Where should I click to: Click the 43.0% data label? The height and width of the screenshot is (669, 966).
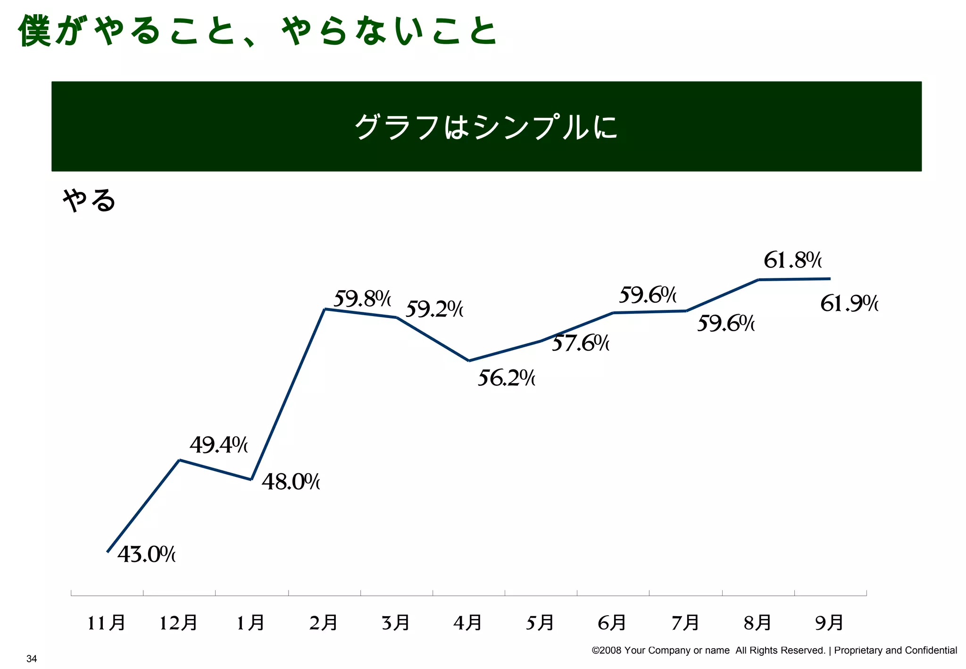(146, 554)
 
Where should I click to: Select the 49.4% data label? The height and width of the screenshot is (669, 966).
(218, 445)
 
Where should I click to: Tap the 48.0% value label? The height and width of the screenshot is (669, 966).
(291, 482)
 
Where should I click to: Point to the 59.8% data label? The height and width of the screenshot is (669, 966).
(362, 299)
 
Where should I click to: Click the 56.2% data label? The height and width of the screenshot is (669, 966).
(506, 378)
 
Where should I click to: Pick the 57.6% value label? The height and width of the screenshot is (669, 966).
(580, 343)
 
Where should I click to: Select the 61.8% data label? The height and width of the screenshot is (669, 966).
(792, 260)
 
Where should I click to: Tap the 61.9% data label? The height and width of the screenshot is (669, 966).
(849, 303)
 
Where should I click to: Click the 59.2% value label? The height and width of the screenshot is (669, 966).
(434, 309)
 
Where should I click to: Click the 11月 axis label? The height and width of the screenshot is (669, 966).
(107, 623)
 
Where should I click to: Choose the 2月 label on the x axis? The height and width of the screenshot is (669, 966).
(324, 623)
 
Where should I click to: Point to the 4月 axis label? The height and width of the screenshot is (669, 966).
(468, 623)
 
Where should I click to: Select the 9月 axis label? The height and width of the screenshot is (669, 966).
(829, 623)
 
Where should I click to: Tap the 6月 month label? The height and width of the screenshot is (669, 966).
(612, 623)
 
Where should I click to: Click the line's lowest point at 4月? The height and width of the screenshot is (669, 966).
(469, 361)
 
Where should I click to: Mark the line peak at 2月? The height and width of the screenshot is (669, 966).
(325, 309)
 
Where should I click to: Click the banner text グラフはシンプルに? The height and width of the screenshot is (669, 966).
(486, 127)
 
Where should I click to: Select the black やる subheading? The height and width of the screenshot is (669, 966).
(89, 201)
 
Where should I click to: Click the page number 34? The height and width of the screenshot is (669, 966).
(32, 659)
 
